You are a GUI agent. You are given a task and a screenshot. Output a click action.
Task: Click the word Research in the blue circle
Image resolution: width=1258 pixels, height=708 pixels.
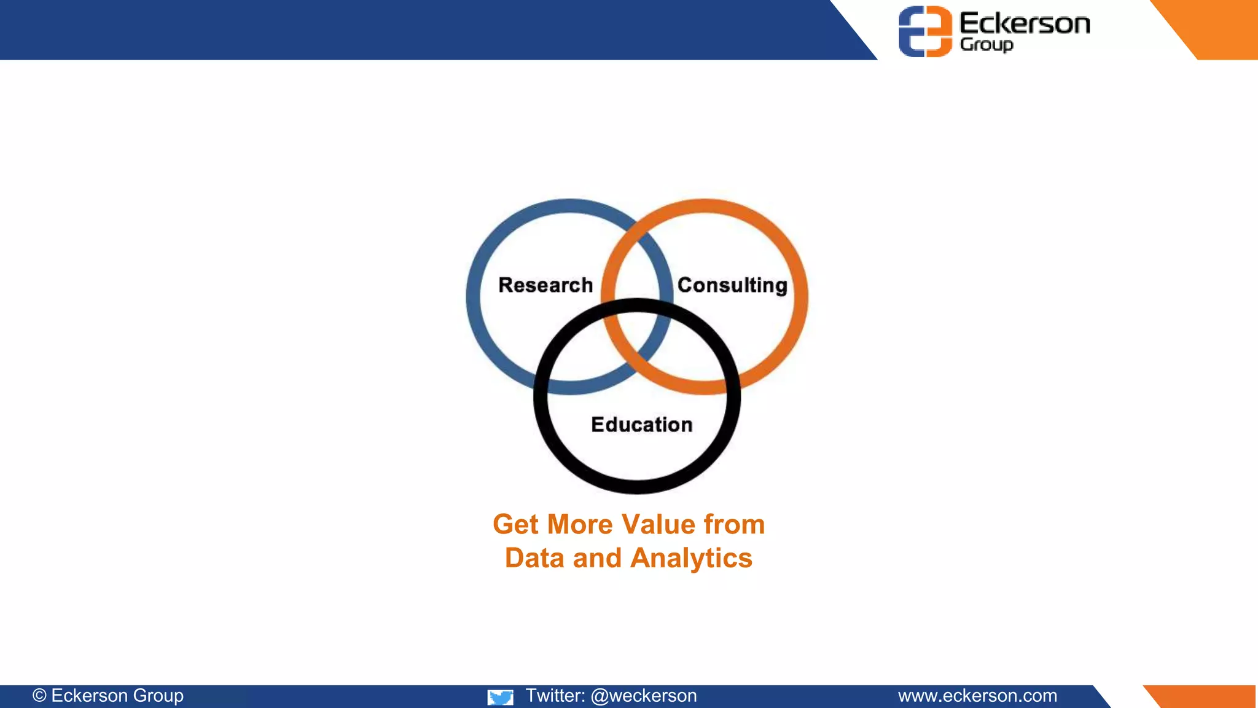545,285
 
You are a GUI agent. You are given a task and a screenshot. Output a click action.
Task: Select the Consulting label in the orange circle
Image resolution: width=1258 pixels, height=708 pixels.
732,285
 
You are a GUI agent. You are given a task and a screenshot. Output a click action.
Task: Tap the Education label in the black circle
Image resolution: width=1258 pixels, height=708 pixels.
641,425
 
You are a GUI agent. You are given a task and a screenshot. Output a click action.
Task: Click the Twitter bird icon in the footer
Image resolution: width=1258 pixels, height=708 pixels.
501,697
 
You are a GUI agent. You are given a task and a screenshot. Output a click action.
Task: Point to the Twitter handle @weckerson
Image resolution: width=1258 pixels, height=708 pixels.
644,696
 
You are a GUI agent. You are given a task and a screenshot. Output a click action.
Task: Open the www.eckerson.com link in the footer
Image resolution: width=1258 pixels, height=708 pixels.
977,696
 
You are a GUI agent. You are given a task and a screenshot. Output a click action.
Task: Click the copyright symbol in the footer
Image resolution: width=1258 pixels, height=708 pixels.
39,696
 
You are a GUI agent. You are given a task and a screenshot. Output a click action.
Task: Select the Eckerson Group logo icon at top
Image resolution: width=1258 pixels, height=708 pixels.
924,31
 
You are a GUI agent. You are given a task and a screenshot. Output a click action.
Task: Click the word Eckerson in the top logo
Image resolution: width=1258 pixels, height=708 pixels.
1025,23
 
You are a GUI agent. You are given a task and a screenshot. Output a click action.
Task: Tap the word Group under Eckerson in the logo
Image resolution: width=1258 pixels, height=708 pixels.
986,45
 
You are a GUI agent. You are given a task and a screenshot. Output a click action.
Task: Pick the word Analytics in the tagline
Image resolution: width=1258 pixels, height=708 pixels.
691,559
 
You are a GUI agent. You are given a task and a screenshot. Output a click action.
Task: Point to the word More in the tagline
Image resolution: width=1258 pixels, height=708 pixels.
580,525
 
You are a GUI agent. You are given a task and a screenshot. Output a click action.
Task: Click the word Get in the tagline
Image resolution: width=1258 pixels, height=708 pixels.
515,525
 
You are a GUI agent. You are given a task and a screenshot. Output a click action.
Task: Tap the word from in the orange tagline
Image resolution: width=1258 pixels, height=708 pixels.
734,525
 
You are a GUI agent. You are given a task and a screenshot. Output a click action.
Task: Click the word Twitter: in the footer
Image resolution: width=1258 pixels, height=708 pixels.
555,696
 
